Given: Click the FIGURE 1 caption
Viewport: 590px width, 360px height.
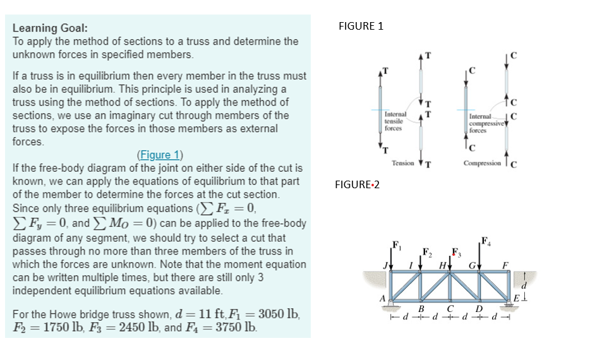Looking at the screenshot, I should click(361, 26).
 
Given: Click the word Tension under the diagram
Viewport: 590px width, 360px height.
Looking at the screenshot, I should click(403, 163).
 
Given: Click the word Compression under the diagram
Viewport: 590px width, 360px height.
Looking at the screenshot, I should click(482, 163).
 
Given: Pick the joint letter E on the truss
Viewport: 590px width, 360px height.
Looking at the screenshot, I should click(515, 299).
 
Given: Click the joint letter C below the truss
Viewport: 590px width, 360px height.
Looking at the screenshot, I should click(450, 309).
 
